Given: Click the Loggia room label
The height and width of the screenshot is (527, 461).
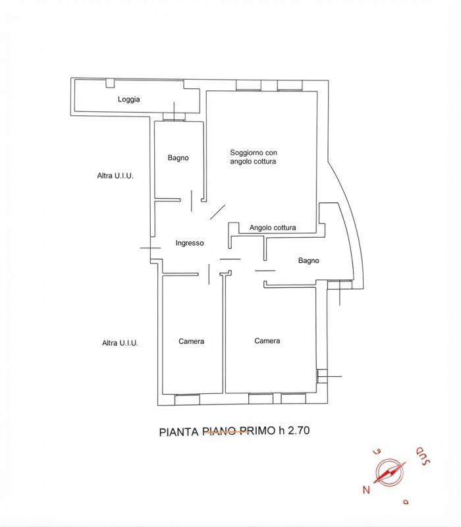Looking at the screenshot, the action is (x=128, y=99).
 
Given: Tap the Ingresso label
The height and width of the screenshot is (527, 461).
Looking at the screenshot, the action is (x=190, y=243).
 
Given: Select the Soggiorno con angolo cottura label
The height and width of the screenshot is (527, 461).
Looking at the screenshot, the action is (x=254, y=157).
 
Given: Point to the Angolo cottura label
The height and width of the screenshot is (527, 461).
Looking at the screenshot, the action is (x=273, y=227).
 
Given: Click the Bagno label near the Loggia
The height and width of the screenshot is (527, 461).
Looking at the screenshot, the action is (x=178, y=157).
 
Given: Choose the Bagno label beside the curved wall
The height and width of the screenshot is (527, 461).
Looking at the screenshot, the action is (x=308, y=260).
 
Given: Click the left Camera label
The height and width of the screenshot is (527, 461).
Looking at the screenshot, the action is (x=191, y=341).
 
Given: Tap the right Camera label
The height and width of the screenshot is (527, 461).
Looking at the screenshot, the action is (x=267, y=341).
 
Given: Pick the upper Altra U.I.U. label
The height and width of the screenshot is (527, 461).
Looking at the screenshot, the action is (x=115, y=175).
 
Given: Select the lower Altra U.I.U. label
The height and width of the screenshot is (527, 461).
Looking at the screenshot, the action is (x=120, y=343).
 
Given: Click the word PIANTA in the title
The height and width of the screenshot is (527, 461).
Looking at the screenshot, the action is (x=178, y=432).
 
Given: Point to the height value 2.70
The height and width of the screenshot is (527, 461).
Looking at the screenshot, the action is (x=299, y=431).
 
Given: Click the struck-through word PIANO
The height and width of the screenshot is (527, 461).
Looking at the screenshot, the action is (x=220, y=431).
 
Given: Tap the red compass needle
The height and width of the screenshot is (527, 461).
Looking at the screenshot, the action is (x=389, y=472).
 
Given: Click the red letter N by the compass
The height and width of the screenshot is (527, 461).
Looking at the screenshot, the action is (x=366, y=489).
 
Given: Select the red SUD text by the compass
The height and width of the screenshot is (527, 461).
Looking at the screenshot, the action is (x=423, y=456).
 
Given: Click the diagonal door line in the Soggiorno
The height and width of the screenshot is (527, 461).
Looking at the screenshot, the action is (x=217, y=212).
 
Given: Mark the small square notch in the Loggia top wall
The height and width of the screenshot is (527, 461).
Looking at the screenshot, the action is (x=110, y=83).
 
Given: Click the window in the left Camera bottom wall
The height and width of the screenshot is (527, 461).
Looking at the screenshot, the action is (x=187, y=399).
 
